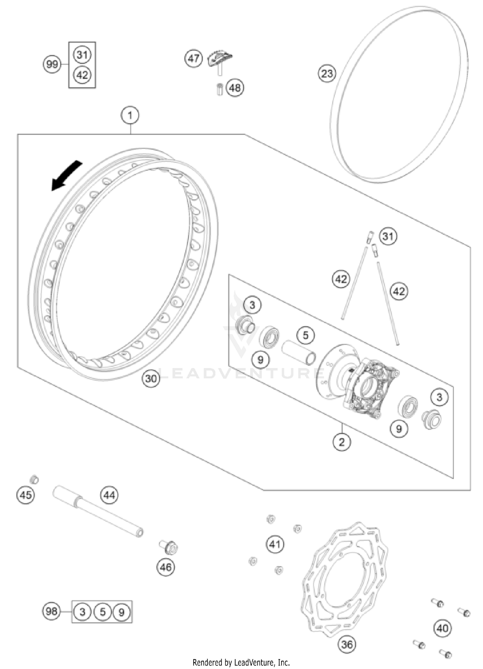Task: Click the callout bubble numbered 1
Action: (x=130, y=115)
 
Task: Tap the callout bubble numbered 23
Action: (x=327, y=73)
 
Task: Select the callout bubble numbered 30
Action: (x=151, y=379)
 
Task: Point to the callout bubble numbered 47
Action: (x=194, y=59)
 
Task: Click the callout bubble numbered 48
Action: (x=235, y=88)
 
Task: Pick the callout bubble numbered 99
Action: (x=52, y=64)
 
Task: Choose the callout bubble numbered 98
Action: (x=52, y=611)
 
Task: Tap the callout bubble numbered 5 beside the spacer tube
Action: (x=305, y=335)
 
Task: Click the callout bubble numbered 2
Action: (x=342, y=442)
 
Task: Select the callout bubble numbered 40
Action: (x=442, y=628)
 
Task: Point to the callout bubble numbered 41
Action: (x=275, y=544)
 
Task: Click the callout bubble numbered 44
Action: (x=109, y=495)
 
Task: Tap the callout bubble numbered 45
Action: (x=25, y=495)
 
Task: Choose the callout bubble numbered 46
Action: (x=166, y=567)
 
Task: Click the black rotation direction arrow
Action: (x=66, y=176)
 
